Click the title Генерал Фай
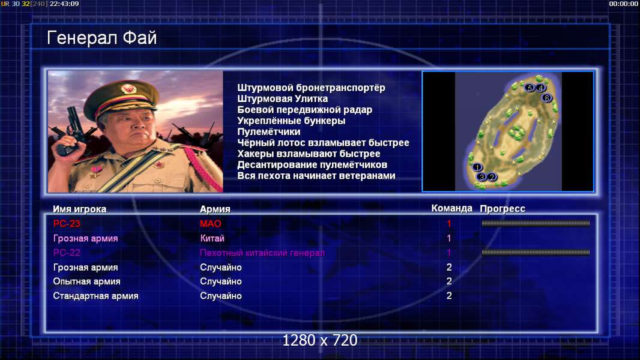101,38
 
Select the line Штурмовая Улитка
282,98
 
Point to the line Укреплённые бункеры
291,121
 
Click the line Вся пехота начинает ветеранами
316,176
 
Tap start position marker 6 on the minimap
546,97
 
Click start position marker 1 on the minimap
477,167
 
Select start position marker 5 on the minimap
530,88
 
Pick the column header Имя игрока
80,209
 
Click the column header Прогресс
503,209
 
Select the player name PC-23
67,223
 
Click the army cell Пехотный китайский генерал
262,253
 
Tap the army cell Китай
213,238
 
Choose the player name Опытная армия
86,281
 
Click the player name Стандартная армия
95,296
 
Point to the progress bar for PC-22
536,253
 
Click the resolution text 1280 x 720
320,340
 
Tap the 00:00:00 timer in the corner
623,4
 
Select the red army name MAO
211,223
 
